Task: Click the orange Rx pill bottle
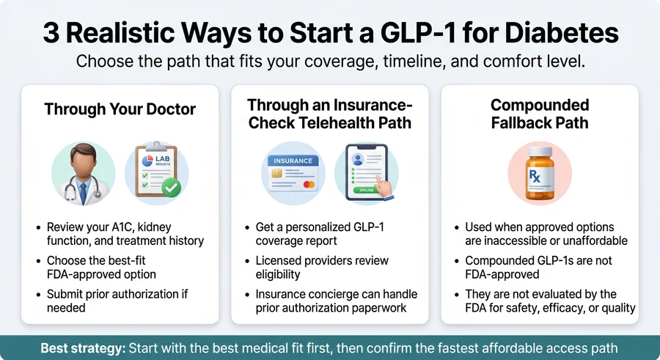click(539, 173)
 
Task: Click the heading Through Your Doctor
click(120, 109)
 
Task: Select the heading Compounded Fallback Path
click(539, 114)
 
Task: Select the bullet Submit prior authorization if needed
click(117, 301)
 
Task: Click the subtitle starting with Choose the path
click(330, 61)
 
